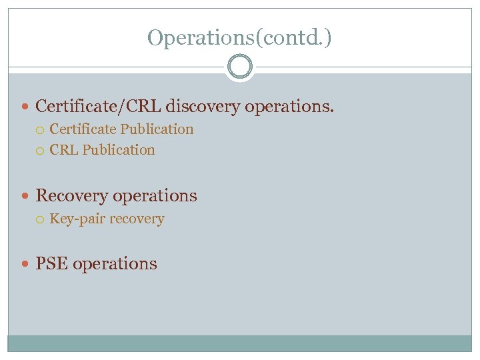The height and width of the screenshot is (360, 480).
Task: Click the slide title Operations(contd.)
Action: tap(239, 37)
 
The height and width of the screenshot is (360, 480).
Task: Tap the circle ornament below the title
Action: tap(239, 67)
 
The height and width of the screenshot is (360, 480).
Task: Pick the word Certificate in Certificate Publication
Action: tap(83, 129)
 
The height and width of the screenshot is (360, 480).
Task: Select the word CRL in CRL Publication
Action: tap(63, 150)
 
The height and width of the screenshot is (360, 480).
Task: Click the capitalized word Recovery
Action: tap(71, 196)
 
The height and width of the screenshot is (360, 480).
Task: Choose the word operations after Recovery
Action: tap(155, 196)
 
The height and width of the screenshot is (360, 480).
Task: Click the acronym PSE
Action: tap(51, 263)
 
